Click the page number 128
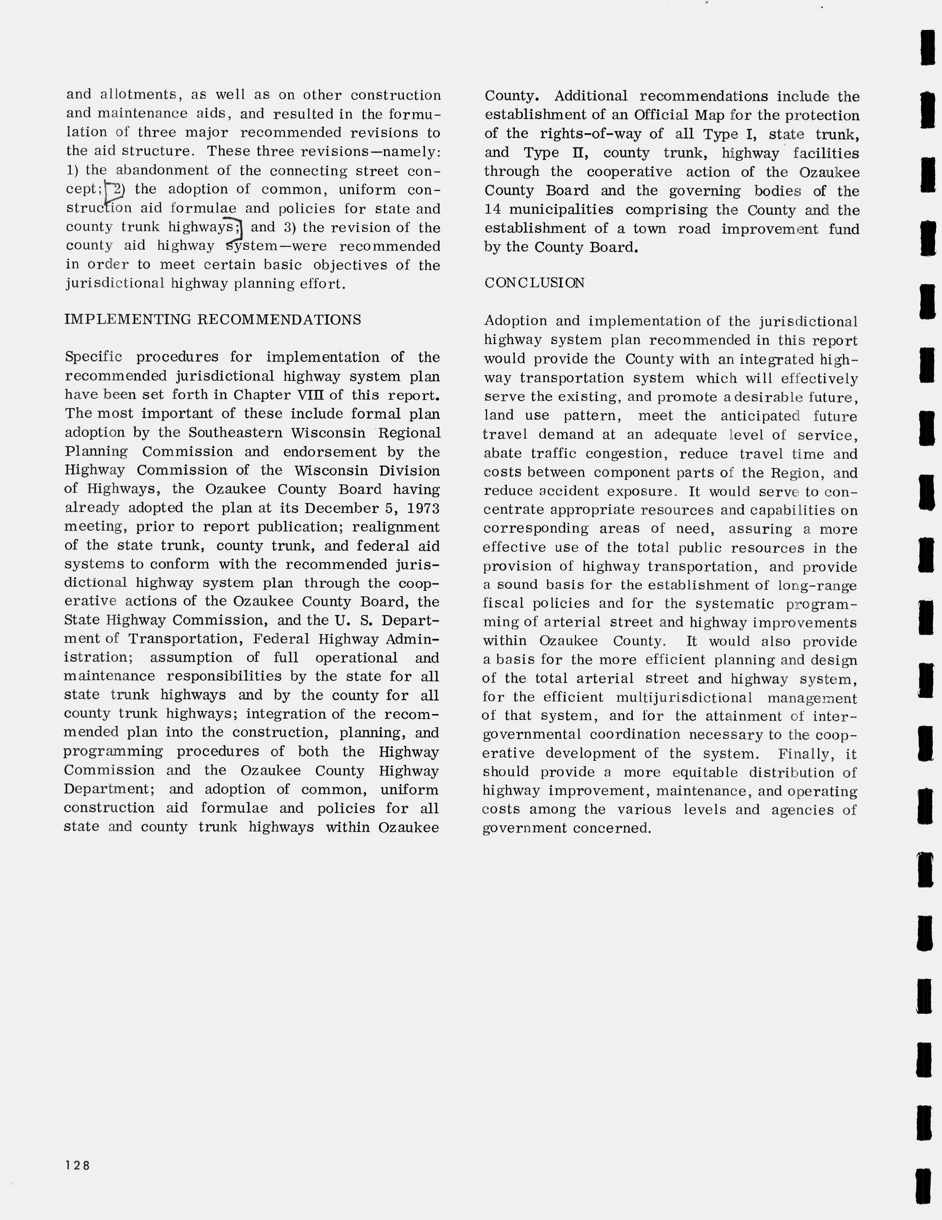[x=78, y=1165]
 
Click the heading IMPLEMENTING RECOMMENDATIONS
[x=213, y=319]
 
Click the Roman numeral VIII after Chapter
[x=312, y=395]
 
